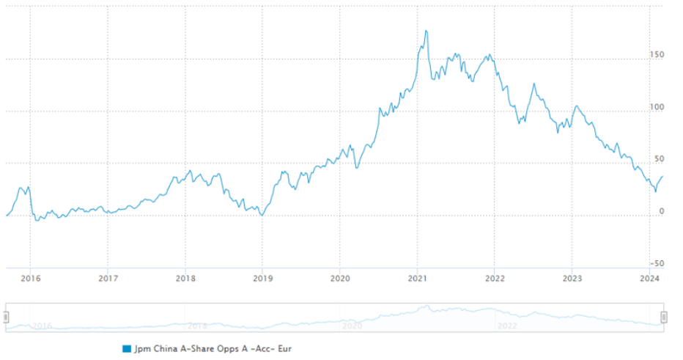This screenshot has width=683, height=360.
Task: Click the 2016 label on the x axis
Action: [x=30, y=278]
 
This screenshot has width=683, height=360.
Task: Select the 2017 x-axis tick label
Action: [x=108, y=278]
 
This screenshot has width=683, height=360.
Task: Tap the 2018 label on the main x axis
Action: [x=185, y=278]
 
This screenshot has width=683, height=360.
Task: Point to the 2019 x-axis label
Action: [x=263, y=278]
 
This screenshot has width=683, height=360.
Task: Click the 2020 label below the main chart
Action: [x=339, y=278]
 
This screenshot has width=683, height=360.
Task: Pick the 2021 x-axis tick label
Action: [x=418, y=278]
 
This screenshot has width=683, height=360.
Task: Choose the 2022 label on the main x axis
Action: [x=495, y=278]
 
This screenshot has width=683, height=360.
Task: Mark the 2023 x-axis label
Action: [x=572, y=278]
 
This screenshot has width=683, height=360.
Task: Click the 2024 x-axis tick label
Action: [x=649, y=278]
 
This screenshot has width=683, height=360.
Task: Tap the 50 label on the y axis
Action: [x=659, y=159]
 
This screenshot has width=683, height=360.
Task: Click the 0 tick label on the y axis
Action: [x=661, y=211]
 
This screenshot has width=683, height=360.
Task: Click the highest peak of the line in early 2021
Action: [x=427, y=31]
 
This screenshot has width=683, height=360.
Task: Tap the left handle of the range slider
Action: [x=6, y=317]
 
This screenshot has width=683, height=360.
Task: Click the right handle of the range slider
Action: [x=664, y=317]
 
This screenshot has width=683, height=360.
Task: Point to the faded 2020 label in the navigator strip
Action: [x=352, y=325]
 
